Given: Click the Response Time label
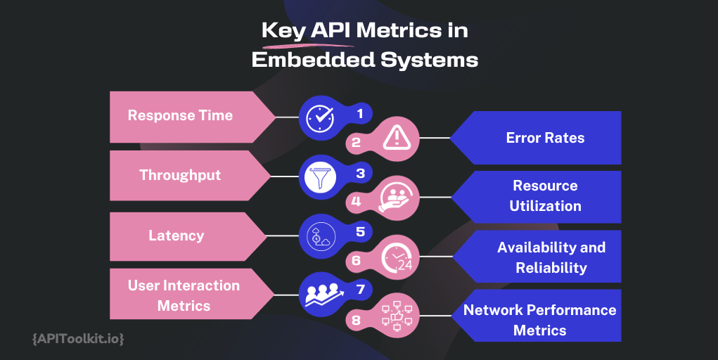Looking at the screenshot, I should (180, 115).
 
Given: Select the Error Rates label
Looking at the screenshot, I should (545, 137).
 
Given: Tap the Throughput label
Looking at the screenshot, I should (180, 175).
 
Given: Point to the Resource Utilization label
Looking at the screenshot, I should (545, 195).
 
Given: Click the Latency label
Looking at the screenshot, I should (176, 235).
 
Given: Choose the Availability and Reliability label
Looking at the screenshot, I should (551, 257).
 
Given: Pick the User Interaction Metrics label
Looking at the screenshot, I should (184, 295).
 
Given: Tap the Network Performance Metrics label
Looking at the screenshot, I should (539, 320).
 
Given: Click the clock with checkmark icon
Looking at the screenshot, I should (321, 117).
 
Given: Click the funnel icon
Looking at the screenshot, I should (321, 176).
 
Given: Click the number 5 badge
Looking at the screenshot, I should (360, 230).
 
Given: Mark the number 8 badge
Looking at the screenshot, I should (356, 321).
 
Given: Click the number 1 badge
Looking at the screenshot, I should (360, 112).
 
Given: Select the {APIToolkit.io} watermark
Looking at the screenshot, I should (78, 339).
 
